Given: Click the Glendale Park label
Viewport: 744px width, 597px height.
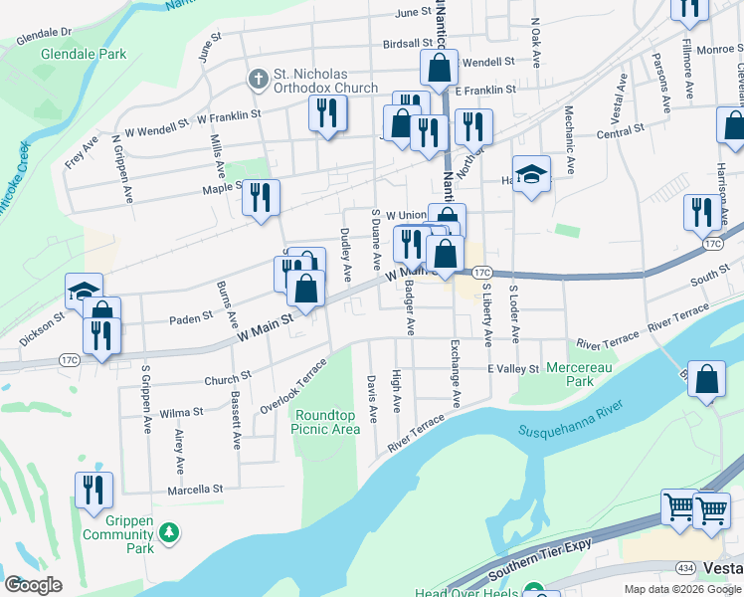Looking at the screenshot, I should pos(84,54).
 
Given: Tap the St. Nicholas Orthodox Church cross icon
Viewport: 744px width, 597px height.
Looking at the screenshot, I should pos(257,78).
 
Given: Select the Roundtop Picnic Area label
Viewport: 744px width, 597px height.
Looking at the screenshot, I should pos(325,422).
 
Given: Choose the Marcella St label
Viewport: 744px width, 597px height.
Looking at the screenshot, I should pos(196,490).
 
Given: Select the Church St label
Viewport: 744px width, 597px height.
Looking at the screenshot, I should pos(227,379).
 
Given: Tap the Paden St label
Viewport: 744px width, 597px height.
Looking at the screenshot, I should pos(191,317).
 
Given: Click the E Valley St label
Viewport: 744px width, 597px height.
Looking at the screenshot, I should pos(512,369).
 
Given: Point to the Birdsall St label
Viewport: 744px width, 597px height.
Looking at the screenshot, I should pos(410,45).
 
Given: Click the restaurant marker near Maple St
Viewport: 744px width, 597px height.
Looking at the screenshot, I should pos(261,197).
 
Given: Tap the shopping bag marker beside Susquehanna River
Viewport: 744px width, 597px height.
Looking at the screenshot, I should pos(705,380).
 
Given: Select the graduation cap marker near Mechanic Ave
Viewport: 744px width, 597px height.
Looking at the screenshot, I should pos(532,175).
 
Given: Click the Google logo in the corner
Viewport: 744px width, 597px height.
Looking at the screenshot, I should pos(34,585).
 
